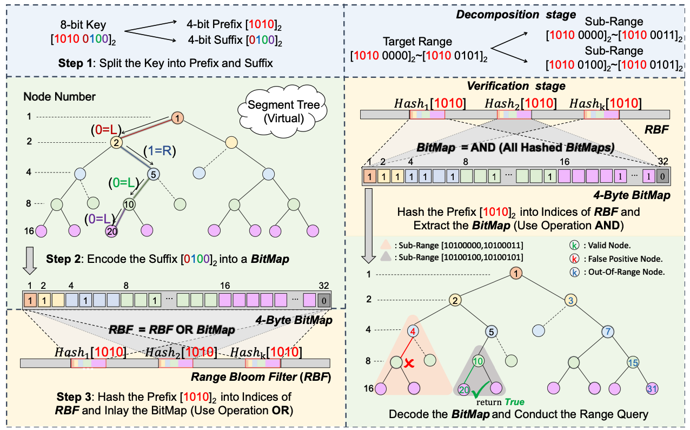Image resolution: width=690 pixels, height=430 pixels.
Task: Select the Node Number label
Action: pyautogui.click(x=59, y=97)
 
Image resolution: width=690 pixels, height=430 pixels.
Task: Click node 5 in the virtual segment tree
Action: pyautogui.click(x=154, y=174)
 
